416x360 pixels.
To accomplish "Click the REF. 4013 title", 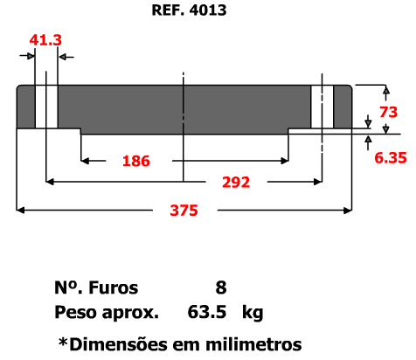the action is pyautogui.click(x=189, y=10).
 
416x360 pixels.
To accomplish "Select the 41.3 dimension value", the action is pyautogui.click(x=45, y=40).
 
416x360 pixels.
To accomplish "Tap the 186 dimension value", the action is pyautogui.click(x=136, y=161).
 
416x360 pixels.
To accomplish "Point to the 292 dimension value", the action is pyautogui.click(x=236, y=183).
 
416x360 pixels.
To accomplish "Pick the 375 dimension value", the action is pyautogui.click(x=184, y=211).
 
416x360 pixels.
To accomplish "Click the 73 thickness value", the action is pyautogui.click(x=388, y=112).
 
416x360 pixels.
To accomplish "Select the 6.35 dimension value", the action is pyautogui.click(x=391, y=158).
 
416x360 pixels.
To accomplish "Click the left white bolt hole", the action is pyautogui.click(x=46, y=107).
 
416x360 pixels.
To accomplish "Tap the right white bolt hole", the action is pyautogui.click(x=322, y=107).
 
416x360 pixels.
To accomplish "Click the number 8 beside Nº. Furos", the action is pyautogui.click(x=221, y=287).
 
